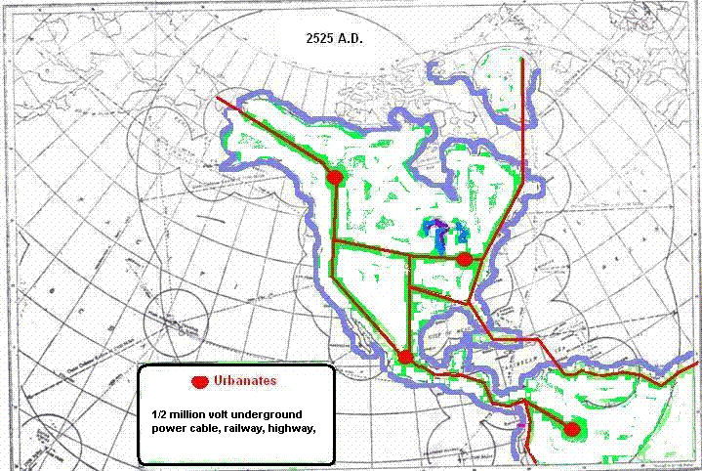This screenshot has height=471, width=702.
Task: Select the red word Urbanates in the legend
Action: [245, 379]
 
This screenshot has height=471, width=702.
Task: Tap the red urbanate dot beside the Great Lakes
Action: [465, 259]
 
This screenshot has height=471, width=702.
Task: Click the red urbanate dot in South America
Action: [572, 428]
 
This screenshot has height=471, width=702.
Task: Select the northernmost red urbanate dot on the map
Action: [334, 177]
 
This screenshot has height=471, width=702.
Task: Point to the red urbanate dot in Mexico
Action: [405, 357]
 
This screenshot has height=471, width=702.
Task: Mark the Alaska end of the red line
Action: [218, 98]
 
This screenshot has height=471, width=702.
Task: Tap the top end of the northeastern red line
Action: [523, 61]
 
